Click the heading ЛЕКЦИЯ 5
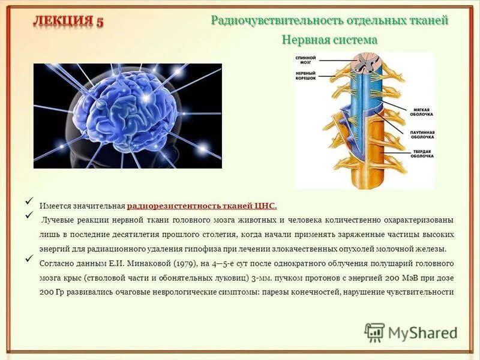(x=68, y=22)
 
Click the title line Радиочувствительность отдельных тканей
(x=329, y=20)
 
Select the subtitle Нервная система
(x=329, y=40)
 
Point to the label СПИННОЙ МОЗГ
(x=305, y=61)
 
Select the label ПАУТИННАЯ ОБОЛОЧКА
(x=422, y=134)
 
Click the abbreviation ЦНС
(x=266, y=206)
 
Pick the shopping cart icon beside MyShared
(x=374, y=332)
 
